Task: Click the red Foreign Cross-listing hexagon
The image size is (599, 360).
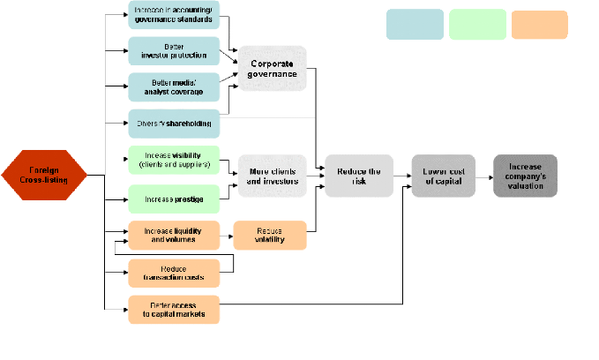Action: (44, 175)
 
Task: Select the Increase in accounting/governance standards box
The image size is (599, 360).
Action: (174, 16)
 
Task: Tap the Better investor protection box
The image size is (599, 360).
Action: (174, 51)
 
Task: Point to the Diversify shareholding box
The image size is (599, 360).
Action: (174, 124)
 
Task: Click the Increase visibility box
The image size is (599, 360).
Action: (174, 161)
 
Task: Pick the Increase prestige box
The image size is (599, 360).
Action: (174, 199)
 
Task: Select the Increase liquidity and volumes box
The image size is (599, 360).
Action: (174, 236)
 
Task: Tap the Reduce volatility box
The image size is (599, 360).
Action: (269, 236)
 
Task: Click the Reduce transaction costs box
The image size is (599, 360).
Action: (174, 274)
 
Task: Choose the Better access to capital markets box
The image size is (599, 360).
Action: (174, 310)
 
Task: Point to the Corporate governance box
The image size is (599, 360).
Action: (273, 69)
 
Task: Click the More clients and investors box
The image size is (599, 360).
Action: (273, 176)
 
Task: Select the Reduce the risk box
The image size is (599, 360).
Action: (358, 176)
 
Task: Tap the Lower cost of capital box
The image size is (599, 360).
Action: (444, 176)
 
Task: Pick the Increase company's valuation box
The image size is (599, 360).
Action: (525, 176)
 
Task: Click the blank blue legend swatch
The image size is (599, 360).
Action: (415, 25)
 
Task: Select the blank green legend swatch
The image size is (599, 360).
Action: (477, 25)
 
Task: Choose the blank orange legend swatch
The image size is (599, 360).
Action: (539, 25)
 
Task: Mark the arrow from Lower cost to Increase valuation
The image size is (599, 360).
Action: (484, 176)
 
